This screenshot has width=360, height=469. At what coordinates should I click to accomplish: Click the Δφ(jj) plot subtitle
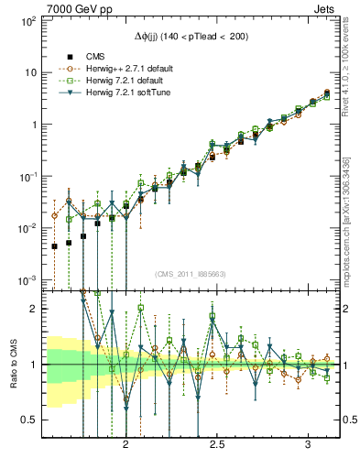pyautogui.click(x=190, y=36)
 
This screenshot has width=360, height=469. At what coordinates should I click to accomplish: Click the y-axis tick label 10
pyautogui.click(x=30, y=71)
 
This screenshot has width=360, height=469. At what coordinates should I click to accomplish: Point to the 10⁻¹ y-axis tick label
pyautogui.click(x=27, y=175)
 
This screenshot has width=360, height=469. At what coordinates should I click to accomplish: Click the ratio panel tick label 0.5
pyautogui.click(x=28, y=420)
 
